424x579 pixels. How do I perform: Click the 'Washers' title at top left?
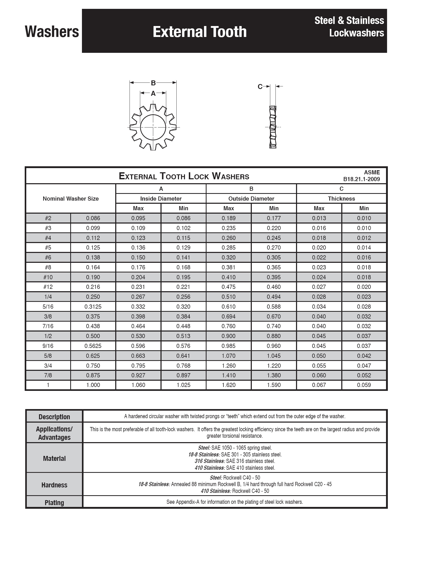(52, 32)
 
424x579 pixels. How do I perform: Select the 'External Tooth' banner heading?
(200, 32)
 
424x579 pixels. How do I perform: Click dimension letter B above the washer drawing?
(153, 83)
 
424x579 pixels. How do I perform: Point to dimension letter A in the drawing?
(153, 93)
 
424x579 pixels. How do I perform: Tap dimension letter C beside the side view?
(260, 87)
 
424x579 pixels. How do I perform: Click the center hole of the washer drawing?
(153, 127)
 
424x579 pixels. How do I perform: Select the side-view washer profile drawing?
(273, 127)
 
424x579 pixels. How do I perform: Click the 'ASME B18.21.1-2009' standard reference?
(362, 176)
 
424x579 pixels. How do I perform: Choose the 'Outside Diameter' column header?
(251, 199)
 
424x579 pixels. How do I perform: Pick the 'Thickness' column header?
(341, 199)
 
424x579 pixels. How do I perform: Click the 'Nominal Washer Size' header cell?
(71, 199)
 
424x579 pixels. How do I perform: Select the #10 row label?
(48, 277)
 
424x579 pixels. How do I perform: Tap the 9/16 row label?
(48, 346)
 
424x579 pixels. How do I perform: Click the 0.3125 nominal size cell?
(93, 307)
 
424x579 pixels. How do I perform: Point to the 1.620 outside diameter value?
(229, 385)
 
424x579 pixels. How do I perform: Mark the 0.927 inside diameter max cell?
(138, 375)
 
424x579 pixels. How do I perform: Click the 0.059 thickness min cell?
(364, 385)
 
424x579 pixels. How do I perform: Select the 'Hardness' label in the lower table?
(54, 485)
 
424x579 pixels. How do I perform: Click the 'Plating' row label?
(54, 502)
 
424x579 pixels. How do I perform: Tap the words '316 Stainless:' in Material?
(210, 461)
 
